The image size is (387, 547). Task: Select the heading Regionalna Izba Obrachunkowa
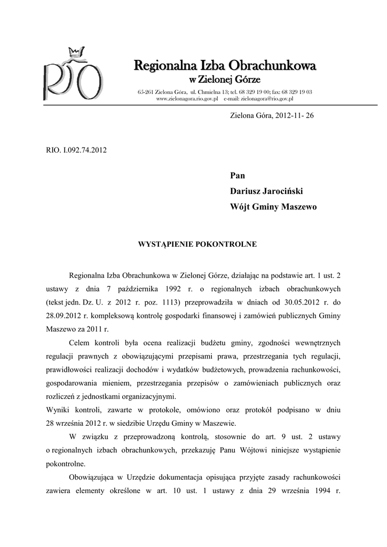225,66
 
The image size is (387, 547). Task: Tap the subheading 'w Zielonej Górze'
225,80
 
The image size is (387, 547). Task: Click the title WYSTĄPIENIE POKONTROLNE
198,244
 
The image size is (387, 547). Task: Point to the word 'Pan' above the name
238,175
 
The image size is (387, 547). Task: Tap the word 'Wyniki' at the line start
58,410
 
